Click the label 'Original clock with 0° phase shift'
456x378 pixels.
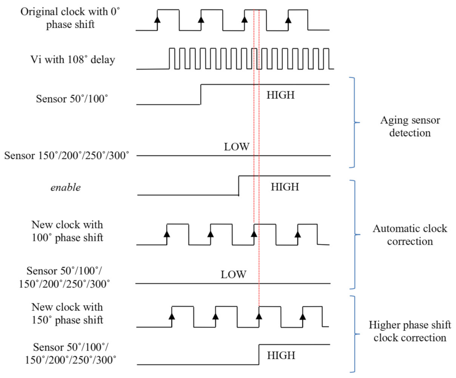point(70,18)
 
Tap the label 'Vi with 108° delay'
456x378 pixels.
point(73,60)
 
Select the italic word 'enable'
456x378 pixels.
point(66,187)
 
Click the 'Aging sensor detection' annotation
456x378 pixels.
point(410,126)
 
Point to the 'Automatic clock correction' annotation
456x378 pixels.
point(410,235)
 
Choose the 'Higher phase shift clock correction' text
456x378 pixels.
point(410,331)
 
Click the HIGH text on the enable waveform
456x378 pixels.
point(285,187)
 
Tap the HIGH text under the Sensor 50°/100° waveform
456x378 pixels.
point(280,95)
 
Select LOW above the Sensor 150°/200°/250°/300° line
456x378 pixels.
point(237,147)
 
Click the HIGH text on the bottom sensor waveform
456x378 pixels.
point(281,356)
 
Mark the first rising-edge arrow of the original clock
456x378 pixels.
point(158,20)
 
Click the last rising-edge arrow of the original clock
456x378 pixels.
point(288,20)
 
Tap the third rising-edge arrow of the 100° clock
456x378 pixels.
point(254,234)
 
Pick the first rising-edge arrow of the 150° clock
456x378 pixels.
point(172,316)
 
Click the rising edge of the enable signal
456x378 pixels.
point(239,186)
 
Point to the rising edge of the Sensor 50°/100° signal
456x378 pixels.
point(201,94)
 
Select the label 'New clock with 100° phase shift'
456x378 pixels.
point(67,231)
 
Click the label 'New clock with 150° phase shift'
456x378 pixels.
point(67,313)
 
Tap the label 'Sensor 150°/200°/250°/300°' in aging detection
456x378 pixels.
point(67,156)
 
